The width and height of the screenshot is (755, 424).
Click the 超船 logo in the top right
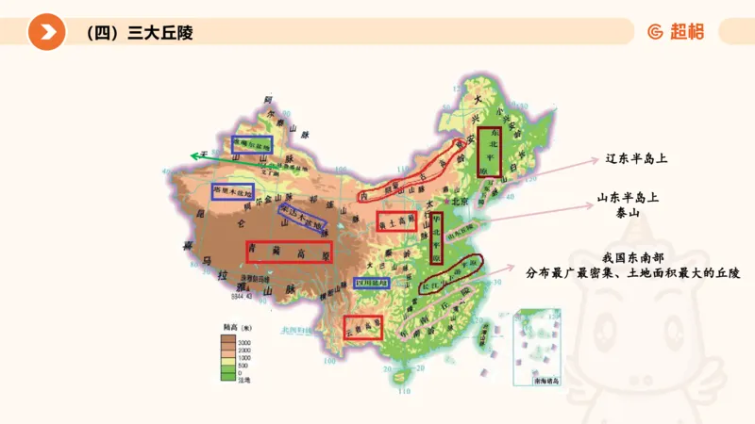[x=677, y=32]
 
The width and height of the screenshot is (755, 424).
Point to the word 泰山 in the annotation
[x=627, y=214]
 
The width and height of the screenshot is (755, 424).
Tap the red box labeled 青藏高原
[x=289, y=252]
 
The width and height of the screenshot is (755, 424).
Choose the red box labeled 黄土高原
[x=396, y=221]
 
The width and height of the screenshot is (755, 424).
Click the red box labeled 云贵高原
[x=363, y=327]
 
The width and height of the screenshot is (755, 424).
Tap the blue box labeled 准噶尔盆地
[x=252, y=144]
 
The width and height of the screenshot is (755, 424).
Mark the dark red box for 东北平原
[x=488, y=152]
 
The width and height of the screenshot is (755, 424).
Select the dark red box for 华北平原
[x=436, y=236]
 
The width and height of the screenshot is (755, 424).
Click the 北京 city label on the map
[x=460, y=202]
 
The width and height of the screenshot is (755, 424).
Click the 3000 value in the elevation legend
[x=243, y=341]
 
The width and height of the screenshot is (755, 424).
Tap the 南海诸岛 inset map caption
[x=546, y=380]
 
